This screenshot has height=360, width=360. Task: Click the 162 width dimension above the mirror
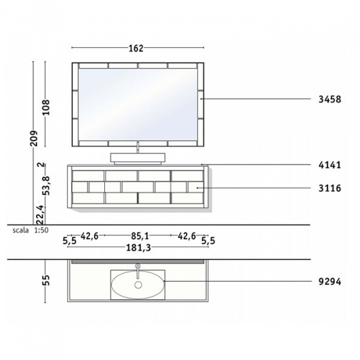click(x=136, y=48)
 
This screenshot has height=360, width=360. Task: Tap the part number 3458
click(x=329, y=100)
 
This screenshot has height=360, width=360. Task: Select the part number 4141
click(x=329, y=165)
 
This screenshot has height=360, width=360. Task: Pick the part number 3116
click(x=329, y=188)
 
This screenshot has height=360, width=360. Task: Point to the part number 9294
click(x=329, y=281)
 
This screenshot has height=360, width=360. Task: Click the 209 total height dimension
click(x=34, y=138)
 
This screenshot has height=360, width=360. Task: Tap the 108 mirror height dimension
click(x=46, y=107)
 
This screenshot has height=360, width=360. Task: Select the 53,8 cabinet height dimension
click(x=46, y=186)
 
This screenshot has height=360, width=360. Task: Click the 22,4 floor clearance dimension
click(x=40, y=215)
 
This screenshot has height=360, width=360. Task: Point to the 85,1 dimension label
click(x=140, y=236)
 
